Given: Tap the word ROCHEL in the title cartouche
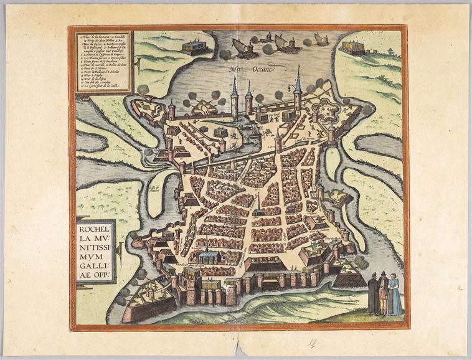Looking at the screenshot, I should coord(94,228).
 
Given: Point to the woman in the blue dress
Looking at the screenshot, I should coord(395,296).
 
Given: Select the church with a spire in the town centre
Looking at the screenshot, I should coord(257,209).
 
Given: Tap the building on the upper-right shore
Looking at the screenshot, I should coord(352,47).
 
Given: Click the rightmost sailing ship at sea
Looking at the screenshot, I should coord(321,40).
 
